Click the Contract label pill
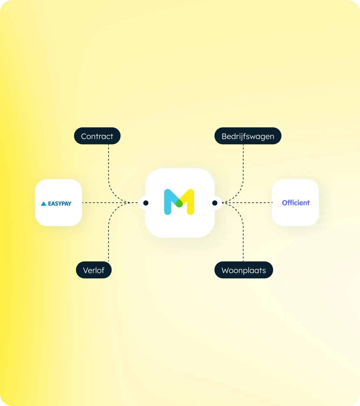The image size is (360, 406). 97,136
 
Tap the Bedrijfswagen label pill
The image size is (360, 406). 248,136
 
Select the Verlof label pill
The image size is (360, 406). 94,270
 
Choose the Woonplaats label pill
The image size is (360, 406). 244,270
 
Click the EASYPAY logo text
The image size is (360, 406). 60,204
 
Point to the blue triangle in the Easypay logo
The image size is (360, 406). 43,204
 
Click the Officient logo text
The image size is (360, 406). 296,203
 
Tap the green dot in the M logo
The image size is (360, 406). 179,203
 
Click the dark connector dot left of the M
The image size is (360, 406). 146,203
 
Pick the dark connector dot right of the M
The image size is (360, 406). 215,203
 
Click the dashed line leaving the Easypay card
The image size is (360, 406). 110,203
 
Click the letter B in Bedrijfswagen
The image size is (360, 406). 224,136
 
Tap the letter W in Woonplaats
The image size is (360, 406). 226,270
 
